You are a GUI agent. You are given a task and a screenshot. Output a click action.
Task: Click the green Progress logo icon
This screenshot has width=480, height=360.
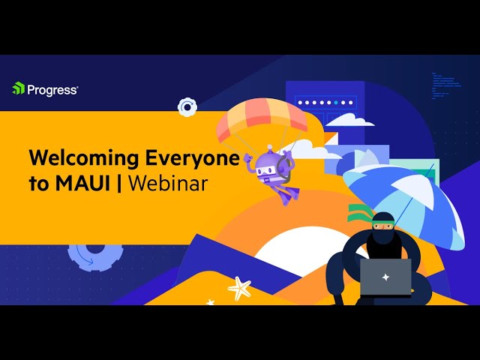coord(19,88)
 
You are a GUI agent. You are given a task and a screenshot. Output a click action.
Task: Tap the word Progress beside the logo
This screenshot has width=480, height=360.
coord(52,89)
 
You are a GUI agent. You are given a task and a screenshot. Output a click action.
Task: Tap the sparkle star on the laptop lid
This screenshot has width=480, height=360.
coord(385,277)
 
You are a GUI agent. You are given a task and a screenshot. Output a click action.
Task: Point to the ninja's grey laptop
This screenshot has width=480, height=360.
coord(385,277)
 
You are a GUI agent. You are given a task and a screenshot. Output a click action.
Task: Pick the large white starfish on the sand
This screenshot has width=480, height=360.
coord(239,287)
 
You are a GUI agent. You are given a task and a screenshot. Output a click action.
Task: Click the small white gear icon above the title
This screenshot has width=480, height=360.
coord(187,107)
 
